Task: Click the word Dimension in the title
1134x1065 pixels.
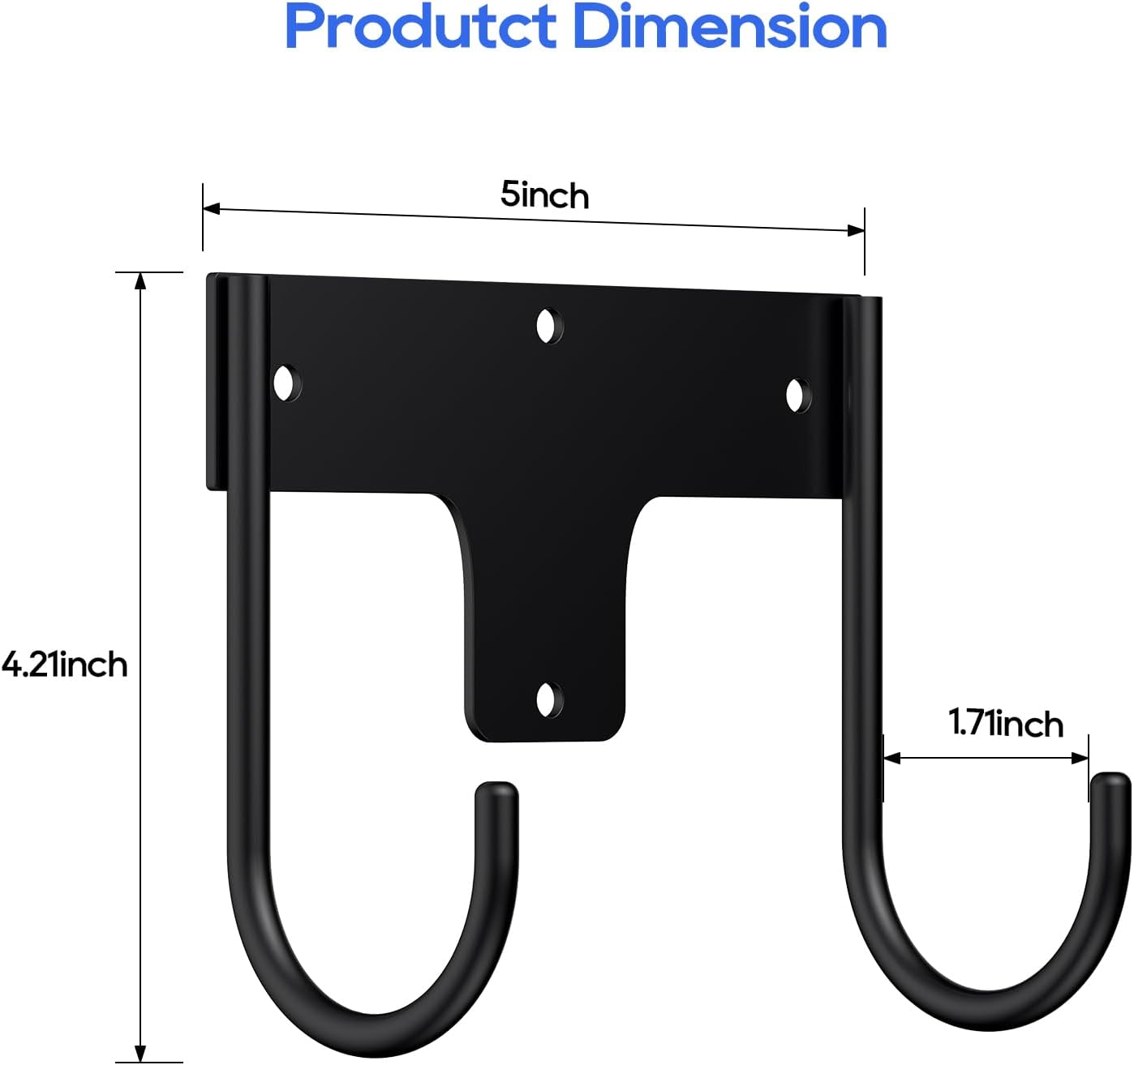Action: point(729,28)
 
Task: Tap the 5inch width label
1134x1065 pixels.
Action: point(544,195)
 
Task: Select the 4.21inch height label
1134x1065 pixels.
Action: point(65,665)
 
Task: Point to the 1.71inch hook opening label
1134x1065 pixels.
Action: point(1006,723)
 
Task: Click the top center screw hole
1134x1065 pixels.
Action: point(549,327)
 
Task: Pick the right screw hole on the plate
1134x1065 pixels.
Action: point(797,395)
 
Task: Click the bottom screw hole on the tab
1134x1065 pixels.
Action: point(549,699)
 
